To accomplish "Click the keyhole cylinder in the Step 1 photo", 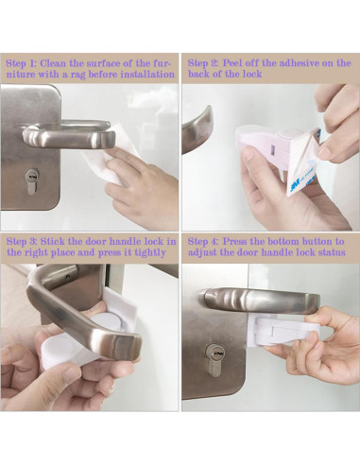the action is pyautogui.click(x=31, y=181).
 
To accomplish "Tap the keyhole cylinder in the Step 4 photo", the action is pyautogui.click(x=214, y=360).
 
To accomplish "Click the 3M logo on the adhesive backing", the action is pyautogui.click(x=297, y=187).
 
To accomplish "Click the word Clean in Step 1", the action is pyautogui.click(x=53, y=63).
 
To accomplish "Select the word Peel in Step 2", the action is pyautogui.click(x=232, y=63).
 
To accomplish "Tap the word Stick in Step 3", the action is pyautogui.click(x=53, y=242).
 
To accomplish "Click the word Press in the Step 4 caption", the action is pyautogui.click(x=236, y=242).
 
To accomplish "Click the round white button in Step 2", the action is pyautogui.click(x=285, y=133).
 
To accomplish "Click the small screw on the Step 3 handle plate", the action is pyautogui.click(x=68, y=278).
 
